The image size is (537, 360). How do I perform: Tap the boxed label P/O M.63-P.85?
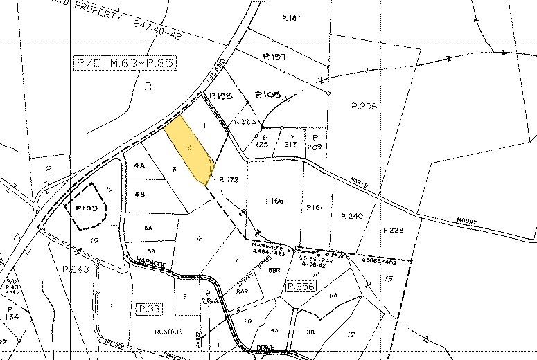[124, 64]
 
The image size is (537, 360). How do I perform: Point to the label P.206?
[363, 106]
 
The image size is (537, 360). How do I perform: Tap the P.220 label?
[245, 122]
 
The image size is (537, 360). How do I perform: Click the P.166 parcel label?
[276, 201]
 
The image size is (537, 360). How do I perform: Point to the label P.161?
[314, 206]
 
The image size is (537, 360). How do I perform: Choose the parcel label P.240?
[352, 216]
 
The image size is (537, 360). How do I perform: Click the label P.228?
[392, 230]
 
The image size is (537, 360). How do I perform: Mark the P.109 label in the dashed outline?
[87, 206]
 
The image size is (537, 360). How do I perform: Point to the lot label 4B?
[139, 195]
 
